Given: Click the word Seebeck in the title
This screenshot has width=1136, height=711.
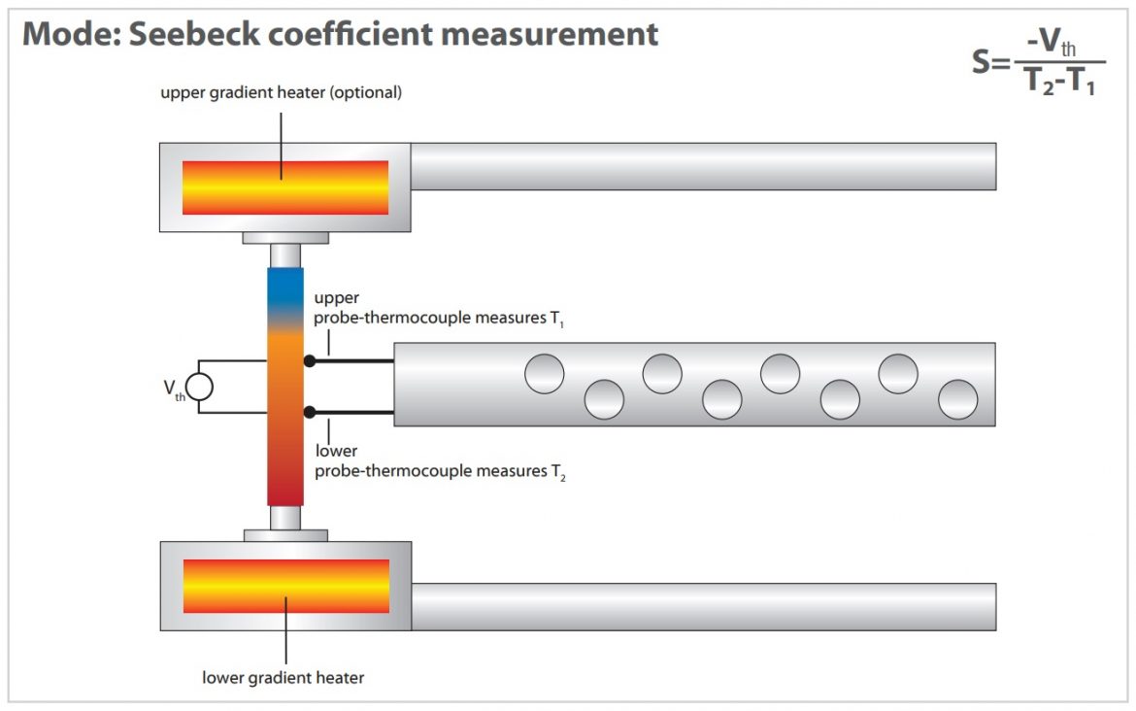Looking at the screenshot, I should (x=184, y=35).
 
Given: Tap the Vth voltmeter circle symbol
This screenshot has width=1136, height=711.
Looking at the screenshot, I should (x=199, y=388).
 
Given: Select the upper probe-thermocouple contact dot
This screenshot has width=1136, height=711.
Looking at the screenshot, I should (x=310, y=361).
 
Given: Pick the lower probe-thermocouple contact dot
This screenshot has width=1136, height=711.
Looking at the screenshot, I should (x=310, y=413).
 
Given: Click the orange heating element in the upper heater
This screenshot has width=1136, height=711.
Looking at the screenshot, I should (x=285, y=187).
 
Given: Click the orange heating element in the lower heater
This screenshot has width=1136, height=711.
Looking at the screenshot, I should (x=285, y=586).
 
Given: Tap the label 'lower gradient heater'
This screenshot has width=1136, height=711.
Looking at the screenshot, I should (x=283, y=677).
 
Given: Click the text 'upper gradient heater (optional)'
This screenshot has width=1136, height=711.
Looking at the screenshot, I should (x=282, y=93).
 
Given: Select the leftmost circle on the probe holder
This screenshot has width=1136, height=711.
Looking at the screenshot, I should (x=545, y=374).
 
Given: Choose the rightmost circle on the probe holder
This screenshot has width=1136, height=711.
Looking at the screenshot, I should (x=958, y=399).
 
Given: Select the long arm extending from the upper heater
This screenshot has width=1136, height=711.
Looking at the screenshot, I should (x=703, y=166).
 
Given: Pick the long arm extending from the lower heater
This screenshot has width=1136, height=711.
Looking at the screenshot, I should (x=703, y=606).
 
